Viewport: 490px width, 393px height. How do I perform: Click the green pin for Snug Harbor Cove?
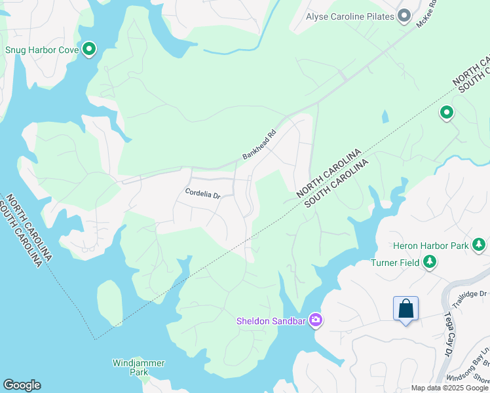point(89,49)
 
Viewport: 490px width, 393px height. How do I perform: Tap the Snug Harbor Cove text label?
point(42,49)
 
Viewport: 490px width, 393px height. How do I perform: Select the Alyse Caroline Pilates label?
point(350,15)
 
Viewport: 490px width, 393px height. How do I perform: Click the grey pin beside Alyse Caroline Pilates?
point(404,15)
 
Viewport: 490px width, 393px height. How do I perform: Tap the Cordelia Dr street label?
point(204,194)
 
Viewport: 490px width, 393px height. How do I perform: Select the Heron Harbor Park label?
point(430,246)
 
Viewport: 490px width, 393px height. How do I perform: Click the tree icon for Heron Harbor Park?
point(479,245)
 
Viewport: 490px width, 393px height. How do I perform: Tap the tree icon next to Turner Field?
point(430,263)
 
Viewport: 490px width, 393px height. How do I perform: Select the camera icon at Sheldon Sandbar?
point(316,320)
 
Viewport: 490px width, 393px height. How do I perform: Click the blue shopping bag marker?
point(405,309)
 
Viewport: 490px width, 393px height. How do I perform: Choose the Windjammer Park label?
point(138,367)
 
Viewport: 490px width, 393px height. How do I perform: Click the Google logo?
point(22,385)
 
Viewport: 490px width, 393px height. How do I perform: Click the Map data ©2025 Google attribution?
point(449,388)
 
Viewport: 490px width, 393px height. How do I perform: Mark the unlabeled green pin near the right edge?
point(447,113)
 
